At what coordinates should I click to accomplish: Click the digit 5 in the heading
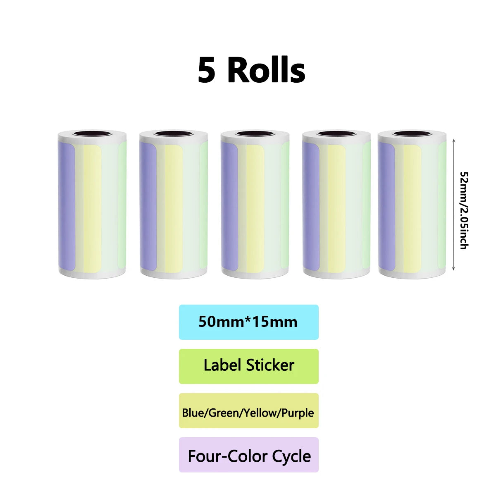[206, 70]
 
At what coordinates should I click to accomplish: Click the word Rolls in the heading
[267, 70]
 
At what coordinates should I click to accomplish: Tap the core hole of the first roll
[92, 134]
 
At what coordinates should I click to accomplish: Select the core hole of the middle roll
[255, 134]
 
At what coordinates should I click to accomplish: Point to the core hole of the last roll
[412, 134]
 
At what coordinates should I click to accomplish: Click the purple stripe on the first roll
[67, 206]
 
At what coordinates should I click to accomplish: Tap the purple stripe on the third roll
[229, 206]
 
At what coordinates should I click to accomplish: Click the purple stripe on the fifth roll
[386, 206]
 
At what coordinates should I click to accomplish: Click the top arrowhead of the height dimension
[453, 141]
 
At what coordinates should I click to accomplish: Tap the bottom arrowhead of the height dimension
[453, 269]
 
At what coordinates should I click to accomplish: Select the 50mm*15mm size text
[248, 322]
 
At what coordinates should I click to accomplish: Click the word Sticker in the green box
[270, 365]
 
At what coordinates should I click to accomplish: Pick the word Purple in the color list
[298, 413]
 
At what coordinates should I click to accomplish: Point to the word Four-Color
[228, 456]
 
